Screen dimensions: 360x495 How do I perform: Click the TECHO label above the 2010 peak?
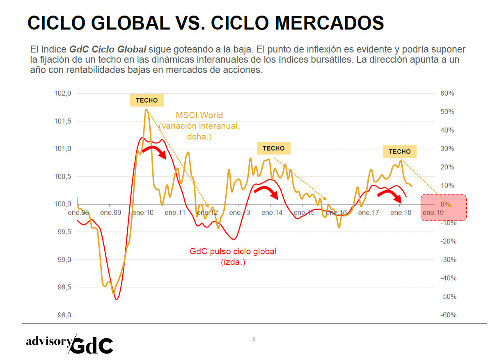(x=147, y=100)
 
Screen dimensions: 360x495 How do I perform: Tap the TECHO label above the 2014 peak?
(x=273, y=148)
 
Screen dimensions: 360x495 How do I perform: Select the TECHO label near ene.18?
(x=400, y=151)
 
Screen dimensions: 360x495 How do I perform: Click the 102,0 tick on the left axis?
(x=63, y=93)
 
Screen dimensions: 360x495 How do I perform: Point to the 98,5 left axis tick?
(x=63, y=287)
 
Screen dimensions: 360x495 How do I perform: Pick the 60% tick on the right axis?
(x=447, y=93)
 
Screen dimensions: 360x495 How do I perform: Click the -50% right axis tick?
(x=447, y=296)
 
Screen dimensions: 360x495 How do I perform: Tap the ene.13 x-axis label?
(x=240, y=213)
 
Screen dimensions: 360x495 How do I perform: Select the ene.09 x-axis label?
(x=111, y=213)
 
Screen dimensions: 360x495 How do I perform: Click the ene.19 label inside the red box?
(x=433, y=213)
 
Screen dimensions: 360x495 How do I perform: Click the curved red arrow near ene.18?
(x=390, y=195)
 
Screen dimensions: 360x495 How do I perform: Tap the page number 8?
(x=254, y=339)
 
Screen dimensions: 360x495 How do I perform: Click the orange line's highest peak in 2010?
(x=146, y=110)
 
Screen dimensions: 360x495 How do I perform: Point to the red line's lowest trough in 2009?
(x=117, y=299)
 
